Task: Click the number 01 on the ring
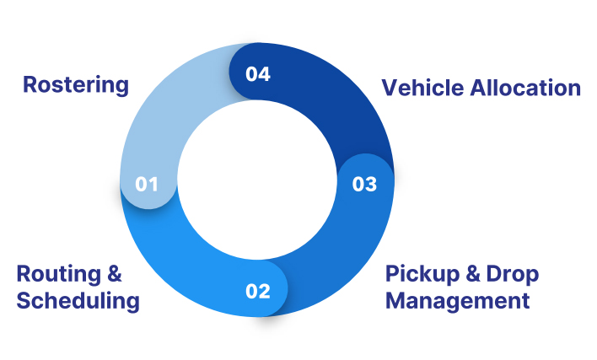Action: (147, 184)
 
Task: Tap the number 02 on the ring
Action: (258, 292)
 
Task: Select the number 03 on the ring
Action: (364, 184)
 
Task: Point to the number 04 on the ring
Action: (258, 74)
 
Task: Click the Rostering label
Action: (76, 85)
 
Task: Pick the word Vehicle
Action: (423, 88)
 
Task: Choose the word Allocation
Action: (525, 88)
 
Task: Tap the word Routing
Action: (59, 275)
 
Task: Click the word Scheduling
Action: (78, 301)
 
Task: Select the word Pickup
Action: (422, 275)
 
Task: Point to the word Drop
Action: (513, 275)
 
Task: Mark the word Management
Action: (458, 301)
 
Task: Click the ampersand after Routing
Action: (114, 274)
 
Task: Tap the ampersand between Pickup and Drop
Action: (473, 274)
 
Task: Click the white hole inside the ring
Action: (257, 180)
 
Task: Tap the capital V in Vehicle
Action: (390, 88)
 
